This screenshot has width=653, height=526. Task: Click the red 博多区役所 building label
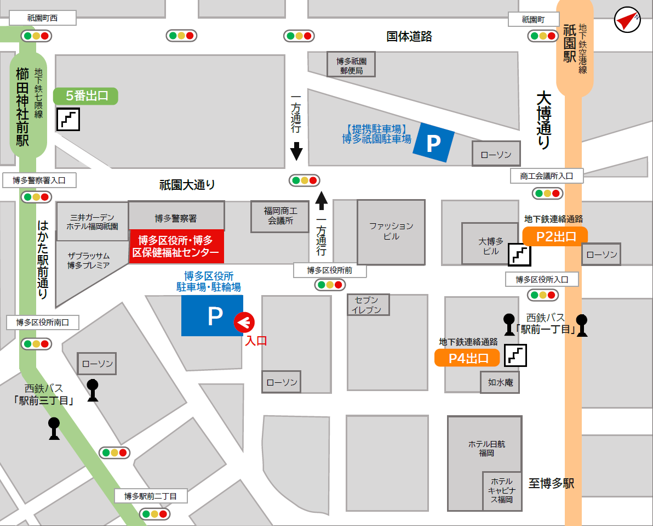(176, 246)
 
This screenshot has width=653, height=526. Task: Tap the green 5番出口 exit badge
(85, 96)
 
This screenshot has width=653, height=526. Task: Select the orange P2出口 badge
(555, 236)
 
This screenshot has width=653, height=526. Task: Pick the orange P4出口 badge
(467, 358)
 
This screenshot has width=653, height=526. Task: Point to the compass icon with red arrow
(627, 20)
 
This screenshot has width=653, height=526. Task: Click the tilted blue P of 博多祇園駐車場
(433, 143)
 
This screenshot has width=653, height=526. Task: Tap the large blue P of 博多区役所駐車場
(213, 315)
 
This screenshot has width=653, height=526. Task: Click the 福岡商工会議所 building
(280, 216)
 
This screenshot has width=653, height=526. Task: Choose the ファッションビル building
(391, 231)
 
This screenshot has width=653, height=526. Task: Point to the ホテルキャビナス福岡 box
(501, 490)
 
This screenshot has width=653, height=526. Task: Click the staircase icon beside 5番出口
(68, 119)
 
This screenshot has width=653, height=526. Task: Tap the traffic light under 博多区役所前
(329, 285)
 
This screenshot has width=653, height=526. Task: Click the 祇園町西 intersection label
(42, 18)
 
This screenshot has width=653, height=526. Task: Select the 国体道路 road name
(409, 36)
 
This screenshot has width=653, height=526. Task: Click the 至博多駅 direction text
(551, 483)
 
